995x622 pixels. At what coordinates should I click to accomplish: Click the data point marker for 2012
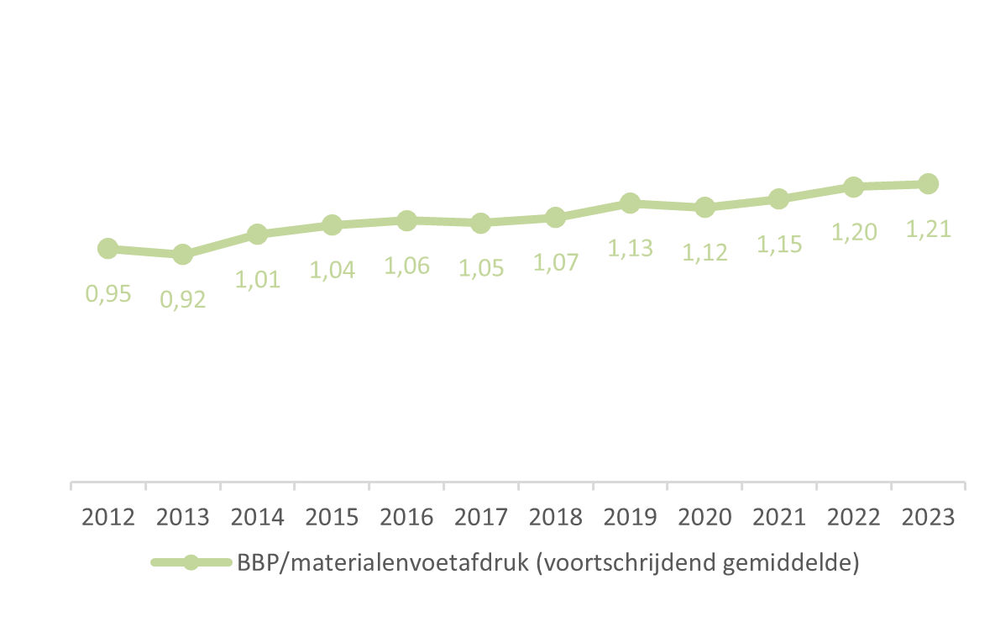click(107, 248)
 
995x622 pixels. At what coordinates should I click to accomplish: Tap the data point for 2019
click(630, 203)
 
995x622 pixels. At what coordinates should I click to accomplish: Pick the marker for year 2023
click(928, 183)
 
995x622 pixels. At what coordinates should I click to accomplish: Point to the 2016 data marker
click(406, 220)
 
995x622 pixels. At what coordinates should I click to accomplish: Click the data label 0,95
click(108, 294)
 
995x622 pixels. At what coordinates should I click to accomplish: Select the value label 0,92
click(183, 299)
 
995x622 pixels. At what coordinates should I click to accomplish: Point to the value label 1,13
click(630, 248)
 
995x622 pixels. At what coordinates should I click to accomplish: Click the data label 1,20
click(853, 233)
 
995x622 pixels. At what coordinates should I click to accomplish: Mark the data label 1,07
click(556, 262)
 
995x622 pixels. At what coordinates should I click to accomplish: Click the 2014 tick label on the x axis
click(257, 516)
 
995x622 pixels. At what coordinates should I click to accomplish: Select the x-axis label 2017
click(481, 516)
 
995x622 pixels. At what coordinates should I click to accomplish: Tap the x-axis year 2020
click(704, 516)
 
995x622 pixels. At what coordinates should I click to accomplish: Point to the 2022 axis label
click(853, 516)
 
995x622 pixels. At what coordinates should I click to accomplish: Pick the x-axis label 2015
click(332, 516)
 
